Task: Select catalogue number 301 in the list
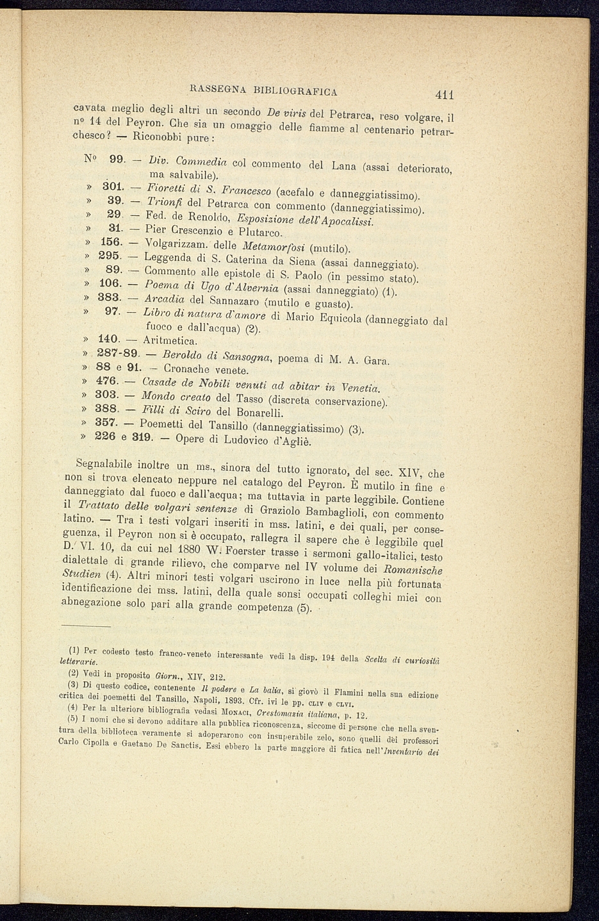[113, 188]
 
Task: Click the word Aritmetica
[170, 340]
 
